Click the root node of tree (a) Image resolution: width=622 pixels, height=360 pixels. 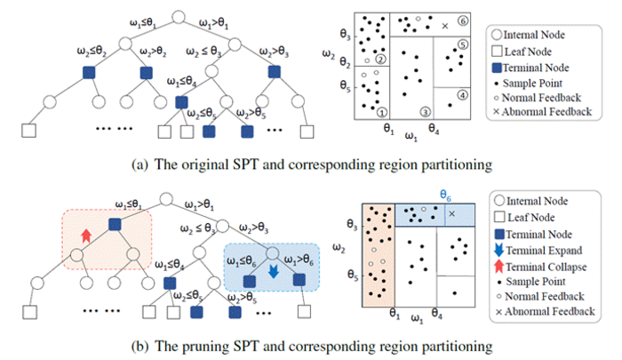click(179, 15)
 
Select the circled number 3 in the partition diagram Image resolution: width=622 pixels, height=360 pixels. click(426, 111)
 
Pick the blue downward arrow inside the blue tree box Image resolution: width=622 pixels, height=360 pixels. click(274, 266)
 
